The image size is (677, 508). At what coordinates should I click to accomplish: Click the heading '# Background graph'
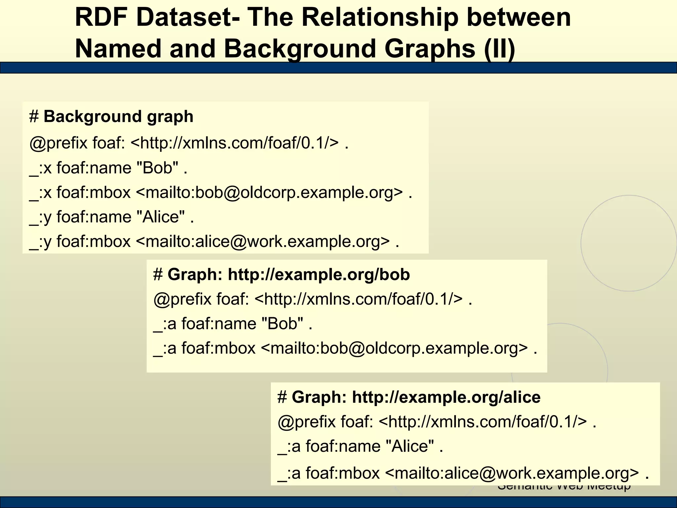coord(111,117)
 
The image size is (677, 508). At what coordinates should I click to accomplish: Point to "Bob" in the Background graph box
coord(157,168)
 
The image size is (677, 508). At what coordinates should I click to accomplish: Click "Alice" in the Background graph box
coord(161,217)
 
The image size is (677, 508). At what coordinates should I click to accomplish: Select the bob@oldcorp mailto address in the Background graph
coord(269,192)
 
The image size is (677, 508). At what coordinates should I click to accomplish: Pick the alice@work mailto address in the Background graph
coord(263,241)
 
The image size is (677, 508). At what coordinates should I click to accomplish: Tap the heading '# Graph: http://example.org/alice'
coord(409,397)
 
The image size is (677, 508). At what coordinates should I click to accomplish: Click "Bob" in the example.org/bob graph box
coord(282,323)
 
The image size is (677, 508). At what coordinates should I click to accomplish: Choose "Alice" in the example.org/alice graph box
coord(410,446)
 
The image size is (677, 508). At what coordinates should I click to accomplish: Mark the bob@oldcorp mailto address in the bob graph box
coord(394,348)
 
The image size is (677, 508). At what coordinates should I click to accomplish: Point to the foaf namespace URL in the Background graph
coord(235,143)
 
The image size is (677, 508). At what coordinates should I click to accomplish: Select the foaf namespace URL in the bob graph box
coord(359,299)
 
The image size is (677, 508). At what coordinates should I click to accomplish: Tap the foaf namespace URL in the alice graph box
coord(483,422)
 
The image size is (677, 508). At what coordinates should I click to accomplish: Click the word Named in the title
coord(119,48)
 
